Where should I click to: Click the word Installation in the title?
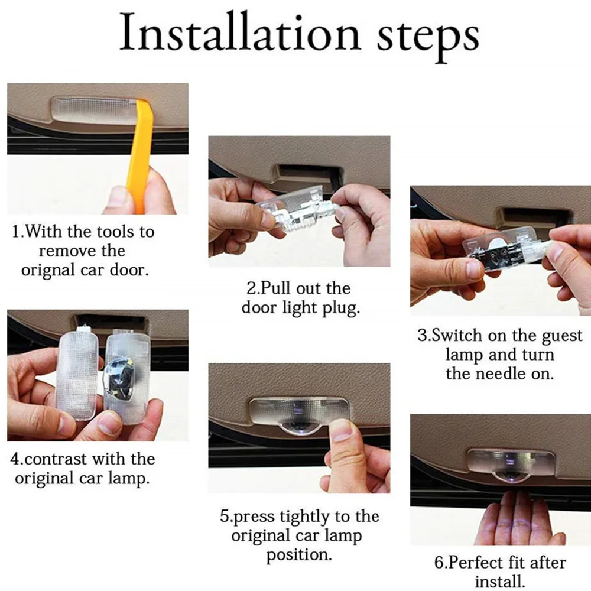point(240,33)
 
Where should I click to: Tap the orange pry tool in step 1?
point(142,154)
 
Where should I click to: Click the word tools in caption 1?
point(115,232)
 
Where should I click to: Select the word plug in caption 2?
point(341,309)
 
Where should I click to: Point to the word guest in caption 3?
point(561,336)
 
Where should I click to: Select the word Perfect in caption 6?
point(476,563)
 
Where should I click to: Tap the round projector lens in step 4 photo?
point(119,378)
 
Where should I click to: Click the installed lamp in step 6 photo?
point(511,463)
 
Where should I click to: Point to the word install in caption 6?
point(499,582)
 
